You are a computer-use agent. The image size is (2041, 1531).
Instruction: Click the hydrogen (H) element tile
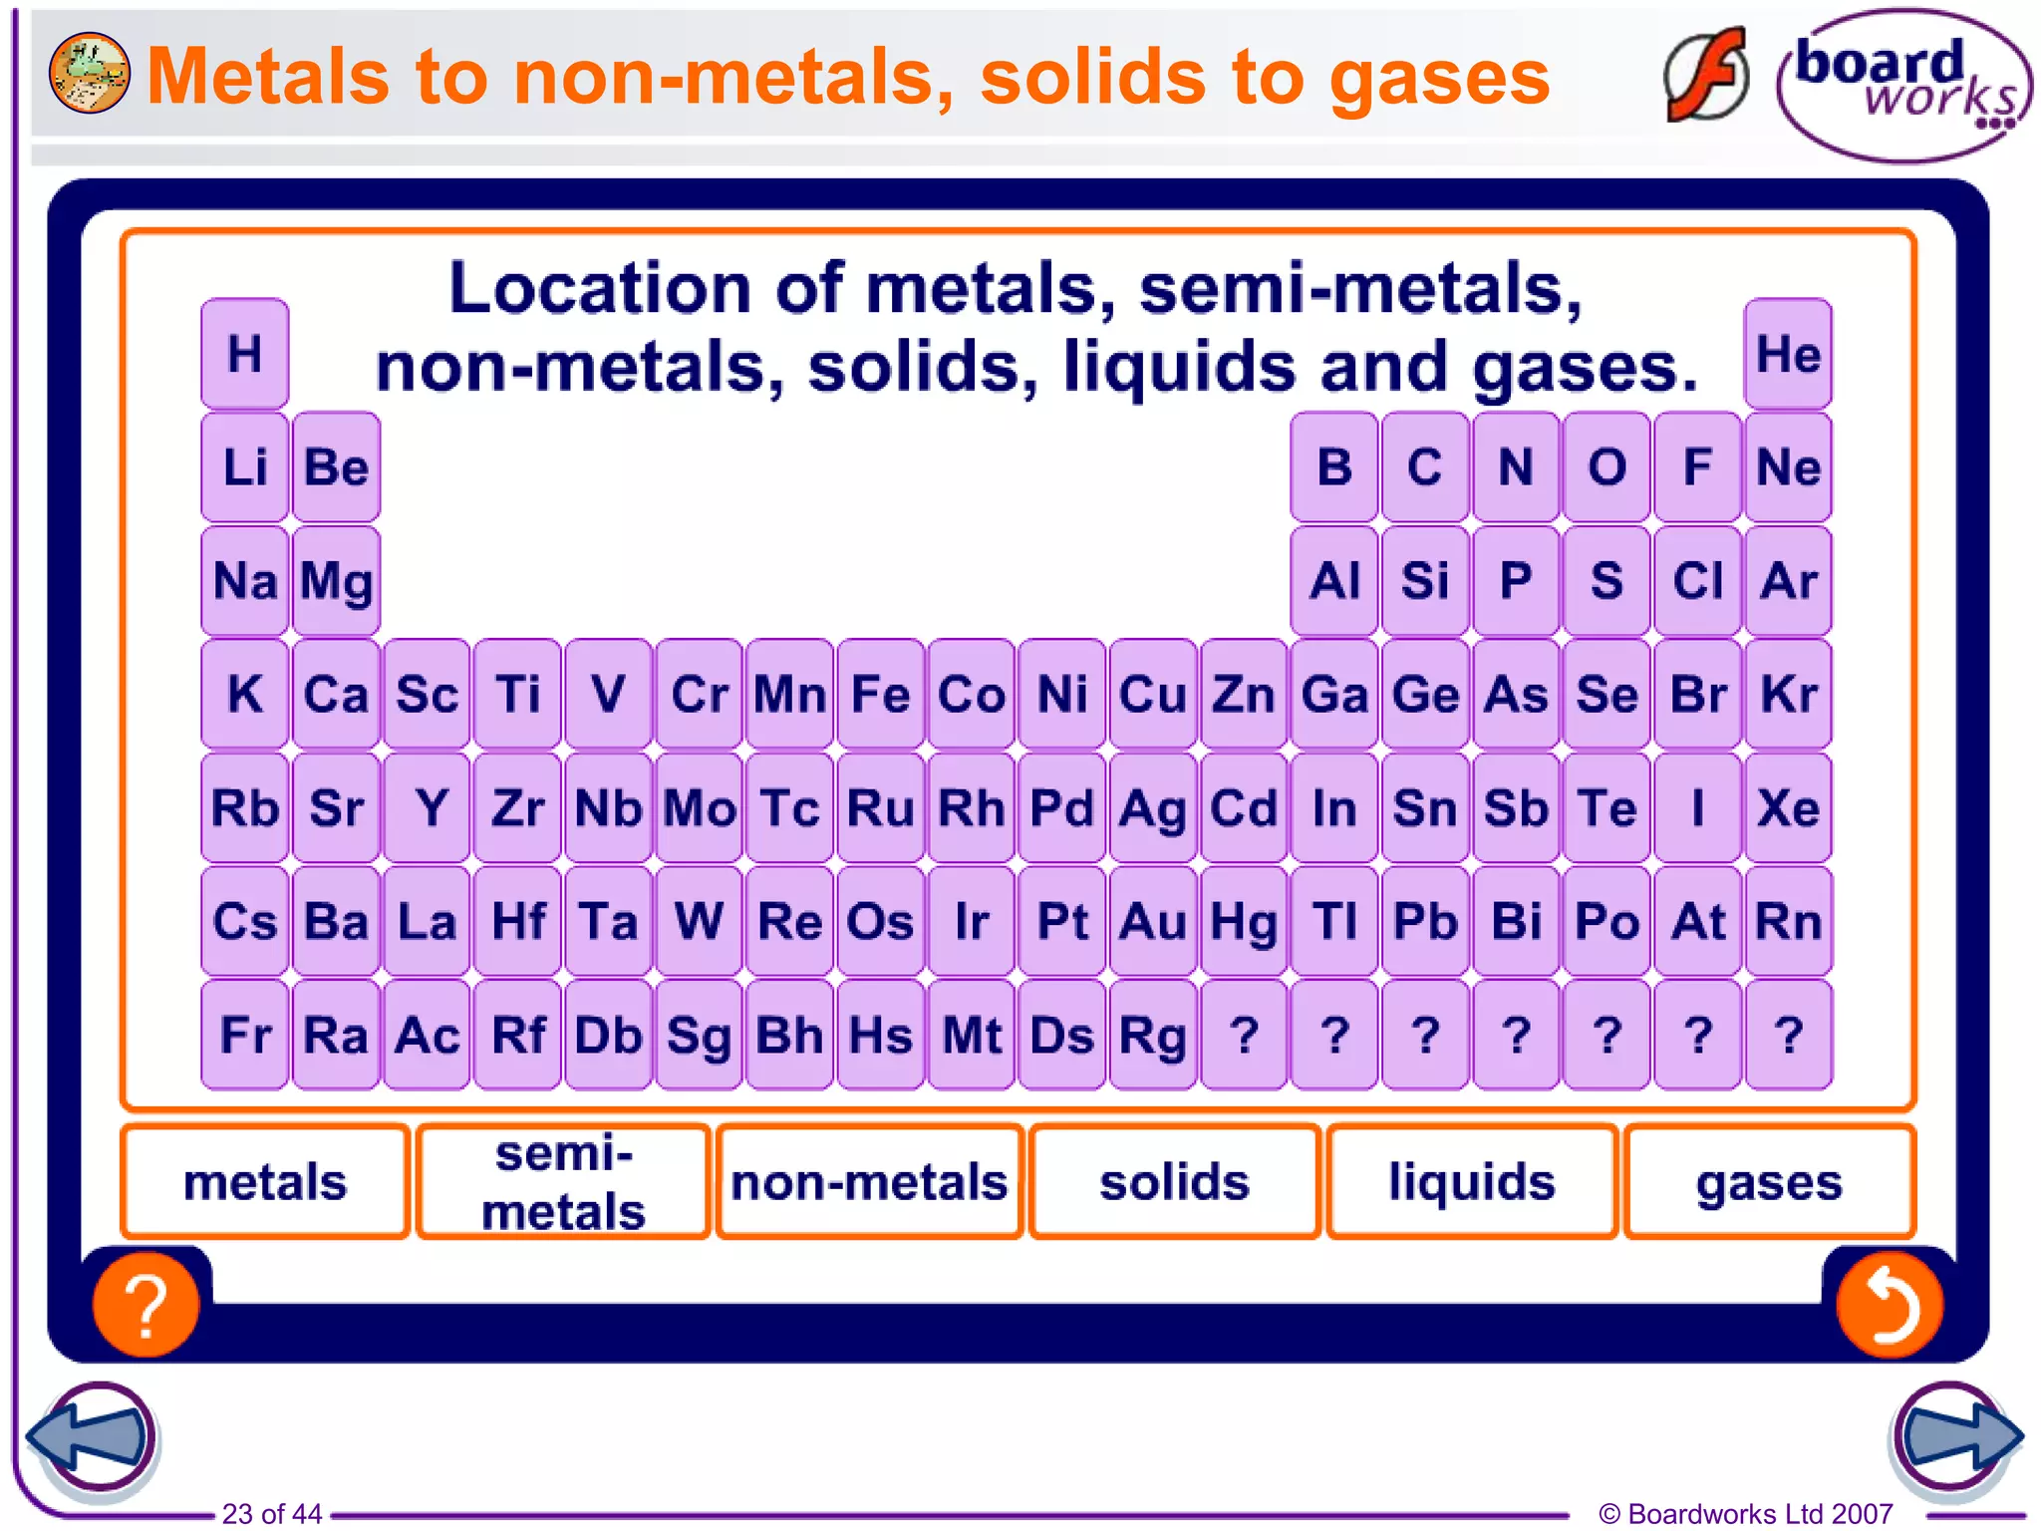245,354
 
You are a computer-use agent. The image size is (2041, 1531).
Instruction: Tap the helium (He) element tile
1788,354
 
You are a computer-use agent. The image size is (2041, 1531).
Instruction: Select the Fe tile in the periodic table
880,694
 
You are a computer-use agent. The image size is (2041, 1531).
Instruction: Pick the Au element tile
1152,921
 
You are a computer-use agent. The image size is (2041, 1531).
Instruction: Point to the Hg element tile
1244,921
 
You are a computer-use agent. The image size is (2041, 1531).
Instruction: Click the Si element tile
1425,581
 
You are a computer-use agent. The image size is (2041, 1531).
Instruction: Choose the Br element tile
1697,694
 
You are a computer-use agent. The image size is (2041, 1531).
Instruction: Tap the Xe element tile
1788,807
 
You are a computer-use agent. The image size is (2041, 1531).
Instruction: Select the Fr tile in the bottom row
245,1035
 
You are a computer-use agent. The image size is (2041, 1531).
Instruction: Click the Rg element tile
1152,1035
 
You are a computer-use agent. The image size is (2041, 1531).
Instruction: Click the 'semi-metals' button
564,1182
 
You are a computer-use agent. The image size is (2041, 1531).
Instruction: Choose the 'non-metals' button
869,1182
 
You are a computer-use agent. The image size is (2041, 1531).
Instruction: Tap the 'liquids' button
1472,1182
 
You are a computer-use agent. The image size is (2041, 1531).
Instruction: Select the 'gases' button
1769,1182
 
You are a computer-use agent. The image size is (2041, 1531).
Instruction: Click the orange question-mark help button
146,1304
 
